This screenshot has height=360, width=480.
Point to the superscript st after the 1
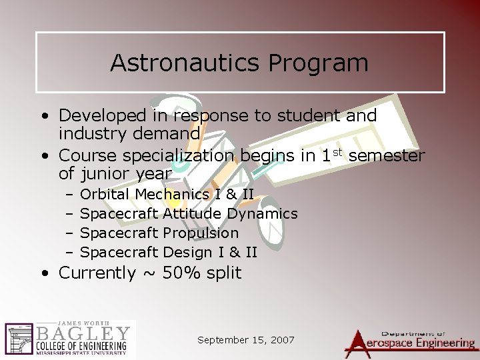[x=337, y=153]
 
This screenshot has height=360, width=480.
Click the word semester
[x=387, y=157]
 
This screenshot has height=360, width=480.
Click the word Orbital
[x=105, y=195]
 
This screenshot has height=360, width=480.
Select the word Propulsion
[x=201, y=233]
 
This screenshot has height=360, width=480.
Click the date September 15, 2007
[x=246, y=340]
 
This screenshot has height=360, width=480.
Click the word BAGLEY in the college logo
[x=83, y=332]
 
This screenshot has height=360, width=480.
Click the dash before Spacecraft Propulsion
[x=69, y=233]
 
